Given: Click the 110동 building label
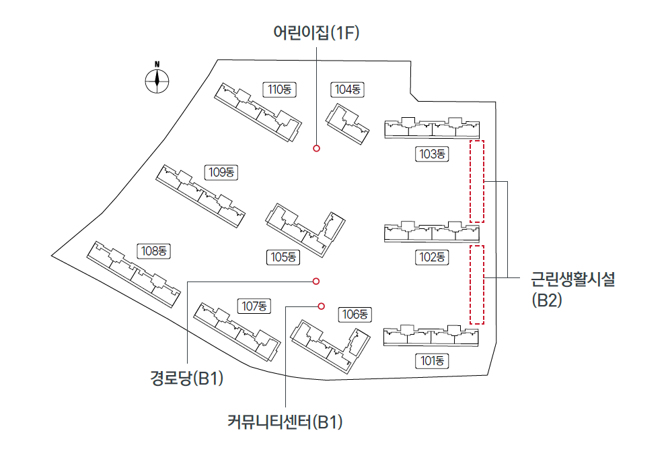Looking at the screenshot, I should [279, 90].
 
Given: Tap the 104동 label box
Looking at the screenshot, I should [348, 90].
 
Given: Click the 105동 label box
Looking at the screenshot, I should [283, 257].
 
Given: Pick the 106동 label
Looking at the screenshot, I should [356, 314].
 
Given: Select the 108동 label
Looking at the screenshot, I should [155, 251].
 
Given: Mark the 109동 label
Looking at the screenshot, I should [221, 172].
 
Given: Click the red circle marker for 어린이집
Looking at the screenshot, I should [316, 148].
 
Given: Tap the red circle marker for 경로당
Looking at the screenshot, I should [316, 281].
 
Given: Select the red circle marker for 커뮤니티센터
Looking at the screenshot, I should [321, 306].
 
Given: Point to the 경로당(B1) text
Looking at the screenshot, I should [186, 379].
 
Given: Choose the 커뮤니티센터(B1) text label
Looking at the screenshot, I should [286, 422].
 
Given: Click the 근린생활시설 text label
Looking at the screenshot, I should [573, 279].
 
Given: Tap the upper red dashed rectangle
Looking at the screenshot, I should [476, 181].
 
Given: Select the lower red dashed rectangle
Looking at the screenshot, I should [476, 285].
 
